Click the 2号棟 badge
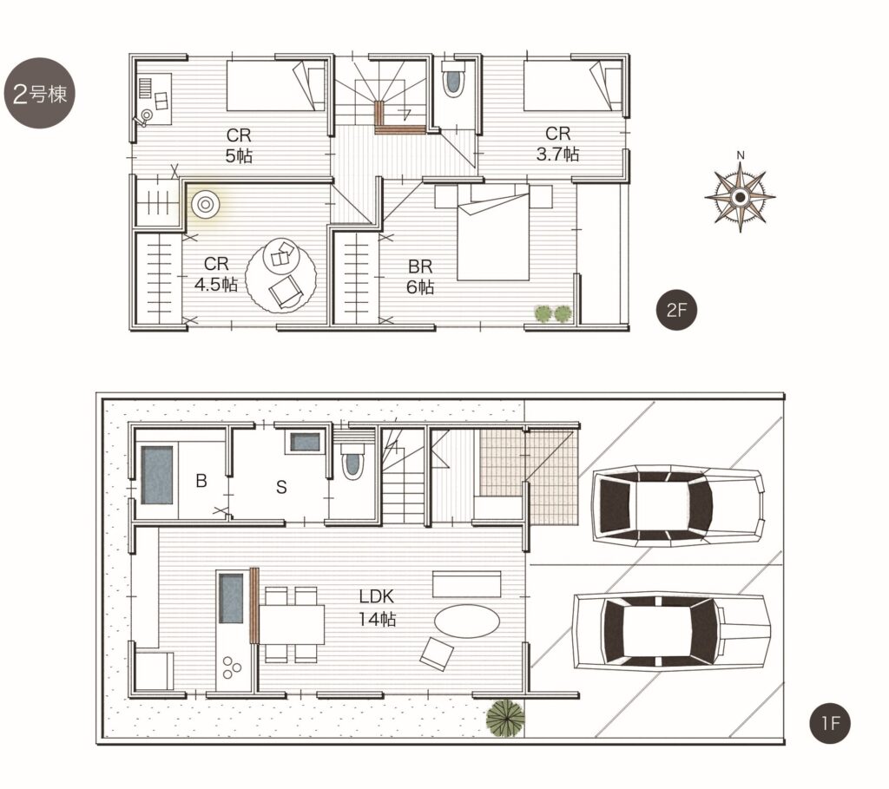point(39,93)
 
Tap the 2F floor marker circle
point(675,310)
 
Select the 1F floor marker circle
point(829,723)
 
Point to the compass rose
point(740,196)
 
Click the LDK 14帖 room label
point(377,607)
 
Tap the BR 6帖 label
point(420,277)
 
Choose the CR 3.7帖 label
point(557,143)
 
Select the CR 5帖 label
point(239,145)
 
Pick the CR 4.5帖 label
point(216,273)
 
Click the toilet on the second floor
point(452,80)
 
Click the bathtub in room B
point(157,475)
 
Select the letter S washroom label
point(281,487)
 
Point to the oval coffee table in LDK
point(466,621)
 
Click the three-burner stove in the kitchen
point(231,667)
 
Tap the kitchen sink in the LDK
point(231,599)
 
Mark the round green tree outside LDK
point(505,718)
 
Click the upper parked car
point(677,505)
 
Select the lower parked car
point(673,630)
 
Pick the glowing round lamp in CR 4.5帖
point(205,204)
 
